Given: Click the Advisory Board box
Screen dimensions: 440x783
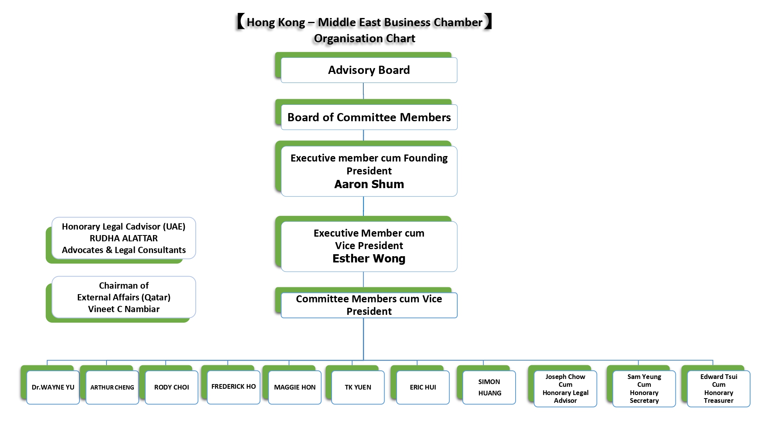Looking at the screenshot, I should tap(369, 70).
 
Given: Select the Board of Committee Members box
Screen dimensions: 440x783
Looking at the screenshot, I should tap(369, 117).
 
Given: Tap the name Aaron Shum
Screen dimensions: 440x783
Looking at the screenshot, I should tap(369, 184).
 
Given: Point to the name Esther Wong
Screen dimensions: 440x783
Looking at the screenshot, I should tap(369, 259).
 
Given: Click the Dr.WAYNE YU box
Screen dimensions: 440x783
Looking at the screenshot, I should tap(53, 387).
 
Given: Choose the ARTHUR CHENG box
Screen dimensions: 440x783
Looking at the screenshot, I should tap(112, 387).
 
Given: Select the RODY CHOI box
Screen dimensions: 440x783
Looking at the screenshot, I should tap(171, 387).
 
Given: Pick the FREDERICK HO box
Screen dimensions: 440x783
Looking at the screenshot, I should tap(233, 386).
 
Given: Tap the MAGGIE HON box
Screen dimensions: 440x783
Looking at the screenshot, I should tap(294, 387).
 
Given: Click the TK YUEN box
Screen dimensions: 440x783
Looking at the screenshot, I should tap(358, 387).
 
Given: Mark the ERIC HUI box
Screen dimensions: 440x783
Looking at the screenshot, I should tap(423, 387).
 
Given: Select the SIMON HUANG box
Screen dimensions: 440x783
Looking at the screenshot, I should tap(489, 387).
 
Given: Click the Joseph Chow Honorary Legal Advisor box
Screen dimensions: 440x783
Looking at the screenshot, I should tap(565, 388).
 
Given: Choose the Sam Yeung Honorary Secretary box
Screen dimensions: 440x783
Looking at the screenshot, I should tap(644, 388).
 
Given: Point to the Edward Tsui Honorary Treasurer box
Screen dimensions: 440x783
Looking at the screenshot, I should tap(718, 388).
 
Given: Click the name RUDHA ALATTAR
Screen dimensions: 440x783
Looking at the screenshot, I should tap(124, 238).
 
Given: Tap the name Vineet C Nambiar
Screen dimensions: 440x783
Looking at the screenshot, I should tap(124, 309).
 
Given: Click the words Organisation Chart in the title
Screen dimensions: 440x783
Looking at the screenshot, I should tap(364, 38).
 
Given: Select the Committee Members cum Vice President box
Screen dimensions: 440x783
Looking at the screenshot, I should tap(369, 305).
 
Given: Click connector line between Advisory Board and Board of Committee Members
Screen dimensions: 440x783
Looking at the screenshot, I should tap(363, 91).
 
